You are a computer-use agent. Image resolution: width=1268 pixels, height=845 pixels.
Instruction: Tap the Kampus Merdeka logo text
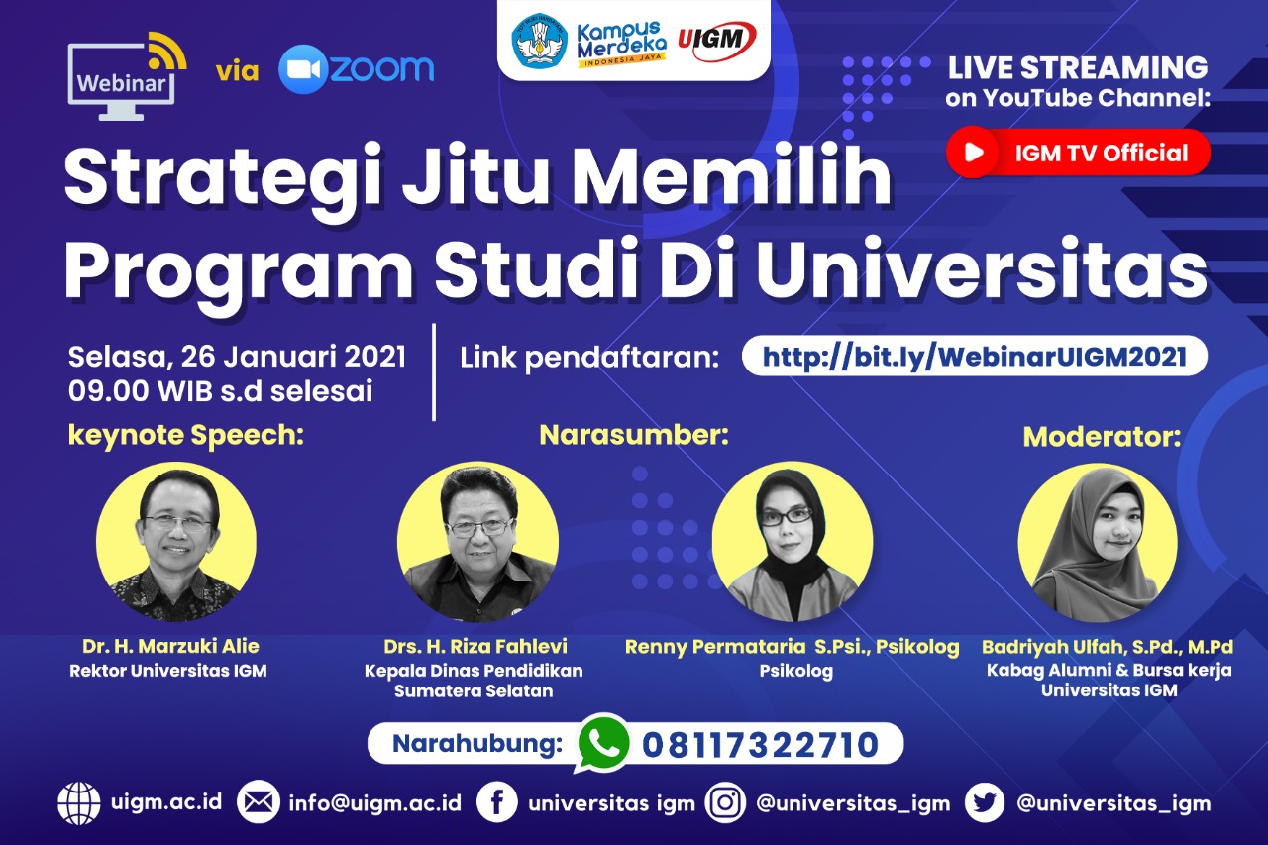[x=621, y=44]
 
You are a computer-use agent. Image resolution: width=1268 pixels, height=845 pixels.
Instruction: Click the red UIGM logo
[x=716, y=41]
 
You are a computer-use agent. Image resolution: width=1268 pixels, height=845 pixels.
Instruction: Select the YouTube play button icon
[x=973, y=152]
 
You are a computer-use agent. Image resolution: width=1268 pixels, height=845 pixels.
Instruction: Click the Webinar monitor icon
[x=127, y=76]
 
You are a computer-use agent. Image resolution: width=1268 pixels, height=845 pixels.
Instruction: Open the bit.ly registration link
[x=974, y=356]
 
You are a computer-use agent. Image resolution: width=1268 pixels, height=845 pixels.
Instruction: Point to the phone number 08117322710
[x=760, y=744]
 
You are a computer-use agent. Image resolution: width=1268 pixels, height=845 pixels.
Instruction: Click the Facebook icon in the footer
[x=496, y=802]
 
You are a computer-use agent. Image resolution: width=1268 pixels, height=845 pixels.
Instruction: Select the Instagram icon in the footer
[x=725, y=802]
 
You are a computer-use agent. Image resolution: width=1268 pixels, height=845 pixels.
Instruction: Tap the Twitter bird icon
[x=985, y=802]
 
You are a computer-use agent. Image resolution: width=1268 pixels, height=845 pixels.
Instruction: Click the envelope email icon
[x=259, y=802]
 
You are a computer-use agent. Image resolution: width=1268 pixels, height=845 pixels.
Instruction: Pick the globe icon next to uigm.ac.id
[x=79, y=802]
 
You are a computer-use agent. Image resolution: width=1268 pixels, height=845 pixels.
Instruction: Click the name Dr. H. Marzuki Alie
[x=170, y=646]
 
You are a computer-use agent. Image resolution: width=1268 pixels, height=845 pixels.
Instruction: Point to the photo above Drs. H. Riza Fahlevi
[x=477, y=542]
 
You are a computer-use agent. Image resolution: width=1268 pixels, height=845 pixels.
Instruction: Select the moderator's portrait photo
[x=1099, y=543]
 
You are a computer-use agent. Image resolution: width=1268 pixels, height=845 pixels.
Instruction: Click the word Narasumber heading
[x=634, y=435]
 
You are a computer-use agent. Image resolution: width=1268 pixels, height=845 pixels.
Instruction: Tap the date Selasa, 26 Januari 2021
[x=237, y=358]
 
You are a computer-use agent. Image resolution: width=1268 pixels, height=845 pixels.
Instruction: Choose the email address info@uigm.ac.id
[x=374, y=803]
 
